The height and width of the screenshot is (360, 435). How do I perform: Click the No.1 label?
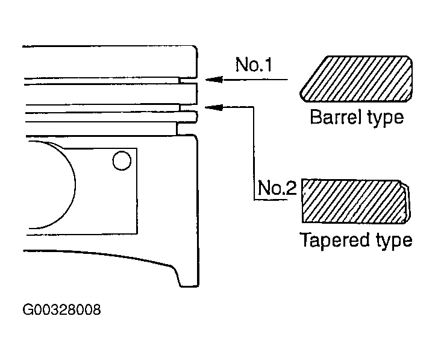[254, 65]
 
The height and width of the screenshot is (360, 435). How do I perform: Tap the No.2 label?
[277, 188]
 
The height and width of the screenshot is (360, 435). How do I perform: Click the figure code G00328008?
[61, 310]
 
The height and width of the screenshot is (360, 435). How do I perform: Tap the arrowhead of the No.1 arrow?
[214, 80]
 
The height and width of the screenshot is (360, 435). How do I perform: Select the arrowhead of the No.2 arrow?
[214, 107]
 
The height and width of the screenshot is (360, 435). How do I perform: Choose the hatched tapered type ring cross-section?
[355, 201]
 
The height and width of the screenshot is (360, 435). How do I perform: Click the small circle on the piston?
[122, 160]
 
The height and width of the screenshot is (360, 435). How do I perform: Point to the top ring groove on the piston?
[188, 81]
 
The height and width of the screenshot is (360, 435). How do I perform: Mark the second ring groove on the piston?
[189, 108]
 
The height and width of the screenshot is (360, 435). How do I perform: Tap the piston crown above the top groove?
[111, 62]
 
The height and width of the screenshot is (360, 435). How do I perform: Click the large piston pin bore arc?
[74, 183]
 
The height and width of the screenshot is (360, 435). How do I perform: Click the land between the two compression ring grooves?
[111, 94]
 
